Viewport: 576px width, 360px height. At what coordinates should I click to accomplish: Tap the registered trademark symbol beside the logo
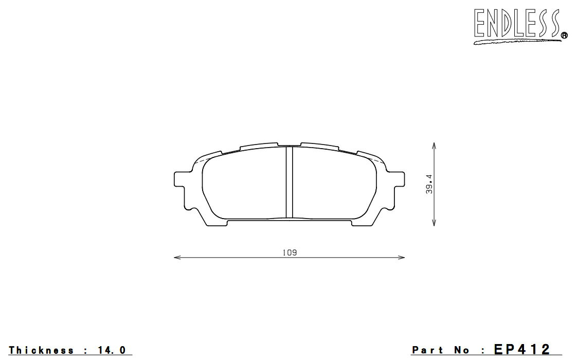click(x=564, y=35)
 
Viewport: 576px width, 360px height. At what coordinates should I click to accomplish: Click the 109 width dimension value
click(x=290, y=253)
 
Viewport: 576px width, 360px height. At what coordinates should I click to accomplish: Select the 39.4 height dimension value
click(x=429, y=184)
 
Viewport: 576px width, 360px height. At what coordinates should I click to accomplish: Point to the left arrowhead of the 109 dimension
click(x=177, y=258)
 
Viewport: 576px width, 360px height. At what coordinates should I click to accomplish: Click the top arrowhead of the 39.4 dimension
click(x=434, y=146)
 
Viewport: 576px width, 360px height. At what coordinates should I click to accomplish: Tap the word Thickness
click(x=42, y=350)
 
